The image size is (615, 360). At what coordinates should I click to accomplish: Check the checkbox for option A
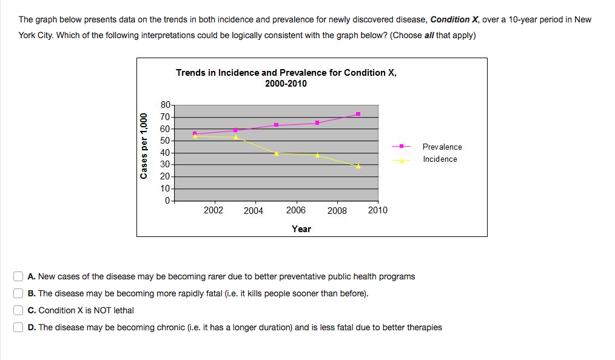click(19, 276)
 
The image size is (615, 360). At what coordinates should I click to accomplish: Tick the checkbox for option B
click(19, 293)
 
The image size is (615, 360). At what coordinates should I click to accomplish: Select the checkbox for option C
click(19, 310)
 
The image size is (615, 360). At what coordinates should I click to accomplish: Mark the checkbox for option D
click(19, 327)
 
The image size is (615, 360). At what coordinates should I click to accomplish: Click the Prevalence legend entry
click(442, 147)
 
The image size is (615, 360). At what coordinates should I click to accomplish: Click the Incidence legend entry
click(440, 159)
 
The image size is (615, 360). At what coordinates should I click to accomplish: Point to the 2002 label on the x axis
click(213, 210)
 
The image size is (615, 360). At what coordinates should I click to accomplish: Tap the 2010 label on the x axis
click(377, 210)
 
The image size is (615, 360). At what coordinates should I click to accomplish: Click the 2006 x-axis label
click(295, 210)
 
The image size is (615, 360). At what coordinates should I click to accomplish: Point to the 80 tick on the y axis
click(164, 105)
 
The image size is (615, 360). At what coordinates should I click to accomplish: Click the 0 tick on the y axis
click(167, 200)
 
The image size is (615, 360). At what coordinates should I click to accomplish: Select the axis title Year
click(301, 228)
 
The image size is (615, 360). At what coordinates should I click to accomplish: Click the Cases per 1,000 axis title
click(144, 146)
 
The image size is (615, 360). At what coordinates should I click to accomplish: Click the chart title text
click(286, 78)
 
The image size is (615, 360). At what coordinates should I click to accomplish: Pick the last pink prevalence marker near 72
click(358, 114)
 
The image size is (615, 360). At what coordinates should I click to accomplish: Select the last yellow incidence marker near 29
click(358, 165)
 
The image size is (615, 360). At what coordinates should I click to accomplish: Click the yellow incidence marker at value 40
click(277, 153)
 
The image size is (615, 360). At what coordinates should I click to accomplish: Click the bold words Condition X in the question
click(454, 19)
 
